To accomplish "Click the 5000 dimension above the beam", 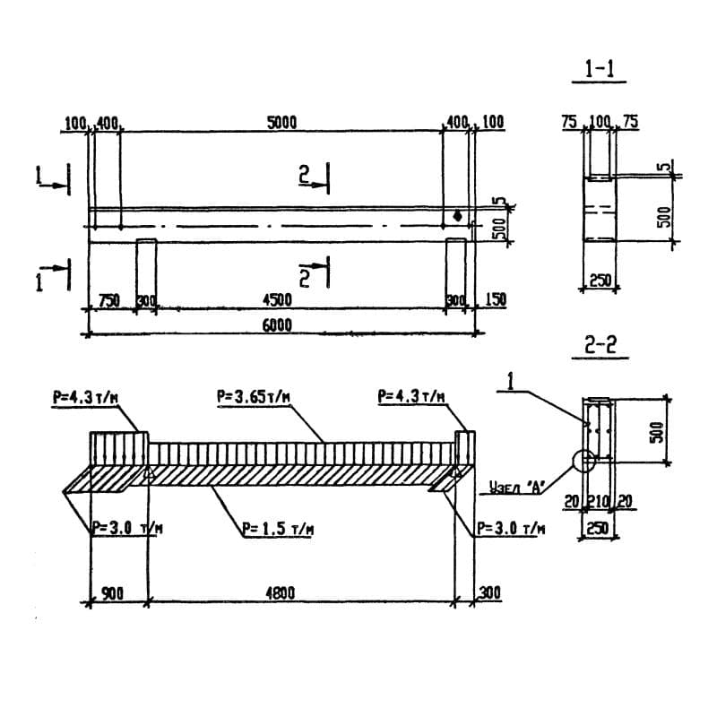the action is [x=281, y=123].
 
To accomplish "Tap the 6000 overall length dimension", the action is [x=277, y=325].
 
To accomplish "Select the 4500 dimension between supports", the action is [x=277, y=300].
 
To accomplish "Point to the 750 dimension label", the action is [x=109, y=300].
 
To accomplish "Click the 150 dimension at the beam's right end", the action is [x=495, y=299].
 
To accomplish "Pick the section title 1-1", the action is [x=599, y=70].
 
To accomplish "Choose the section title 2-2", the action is [x=600, y=345].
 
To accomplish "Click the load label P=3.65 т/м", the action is [x=254, y=397].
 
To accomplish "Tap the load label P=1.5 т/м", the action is [x=278, y=529].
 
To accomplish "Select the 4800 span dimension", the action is [x=280, y=593].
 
